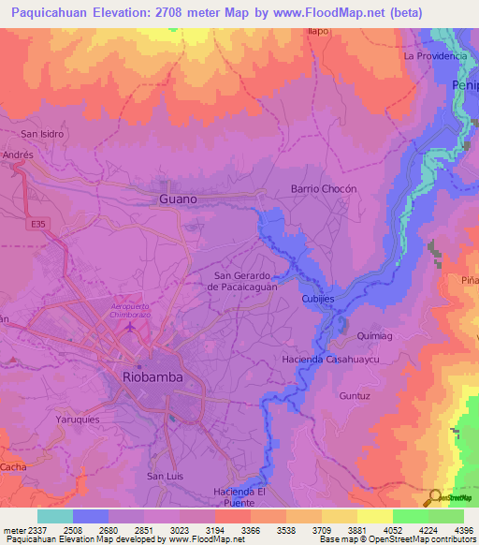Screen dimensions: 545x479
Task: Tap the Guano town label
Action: (x=178, y=199)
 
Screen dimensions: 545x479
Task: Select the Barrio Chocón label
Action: (x=325, y=188)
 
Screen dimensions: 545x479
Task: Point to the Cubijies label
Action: (x=318, y=299)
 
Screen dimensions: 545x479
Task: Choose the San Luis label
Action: (x=165, y=476)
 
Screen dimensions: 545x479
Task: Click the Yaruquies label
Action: (x=78, y=420)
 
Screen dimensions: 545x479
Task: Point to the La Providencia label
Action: (x=435, y=56)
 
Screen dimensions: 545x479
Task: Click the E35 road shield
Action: (x=37, y=225)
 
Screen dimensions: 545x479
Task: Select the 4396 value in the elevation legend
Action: (x=463, y=530)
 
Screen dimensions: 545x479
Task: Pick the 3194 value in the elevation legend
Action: (x=214, y=530)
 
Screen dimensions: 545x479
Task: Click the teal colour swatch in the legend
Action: (x=54, y=516)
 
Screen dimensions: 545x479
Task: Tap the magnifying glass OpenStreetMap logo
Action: (x=433, y=497)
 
